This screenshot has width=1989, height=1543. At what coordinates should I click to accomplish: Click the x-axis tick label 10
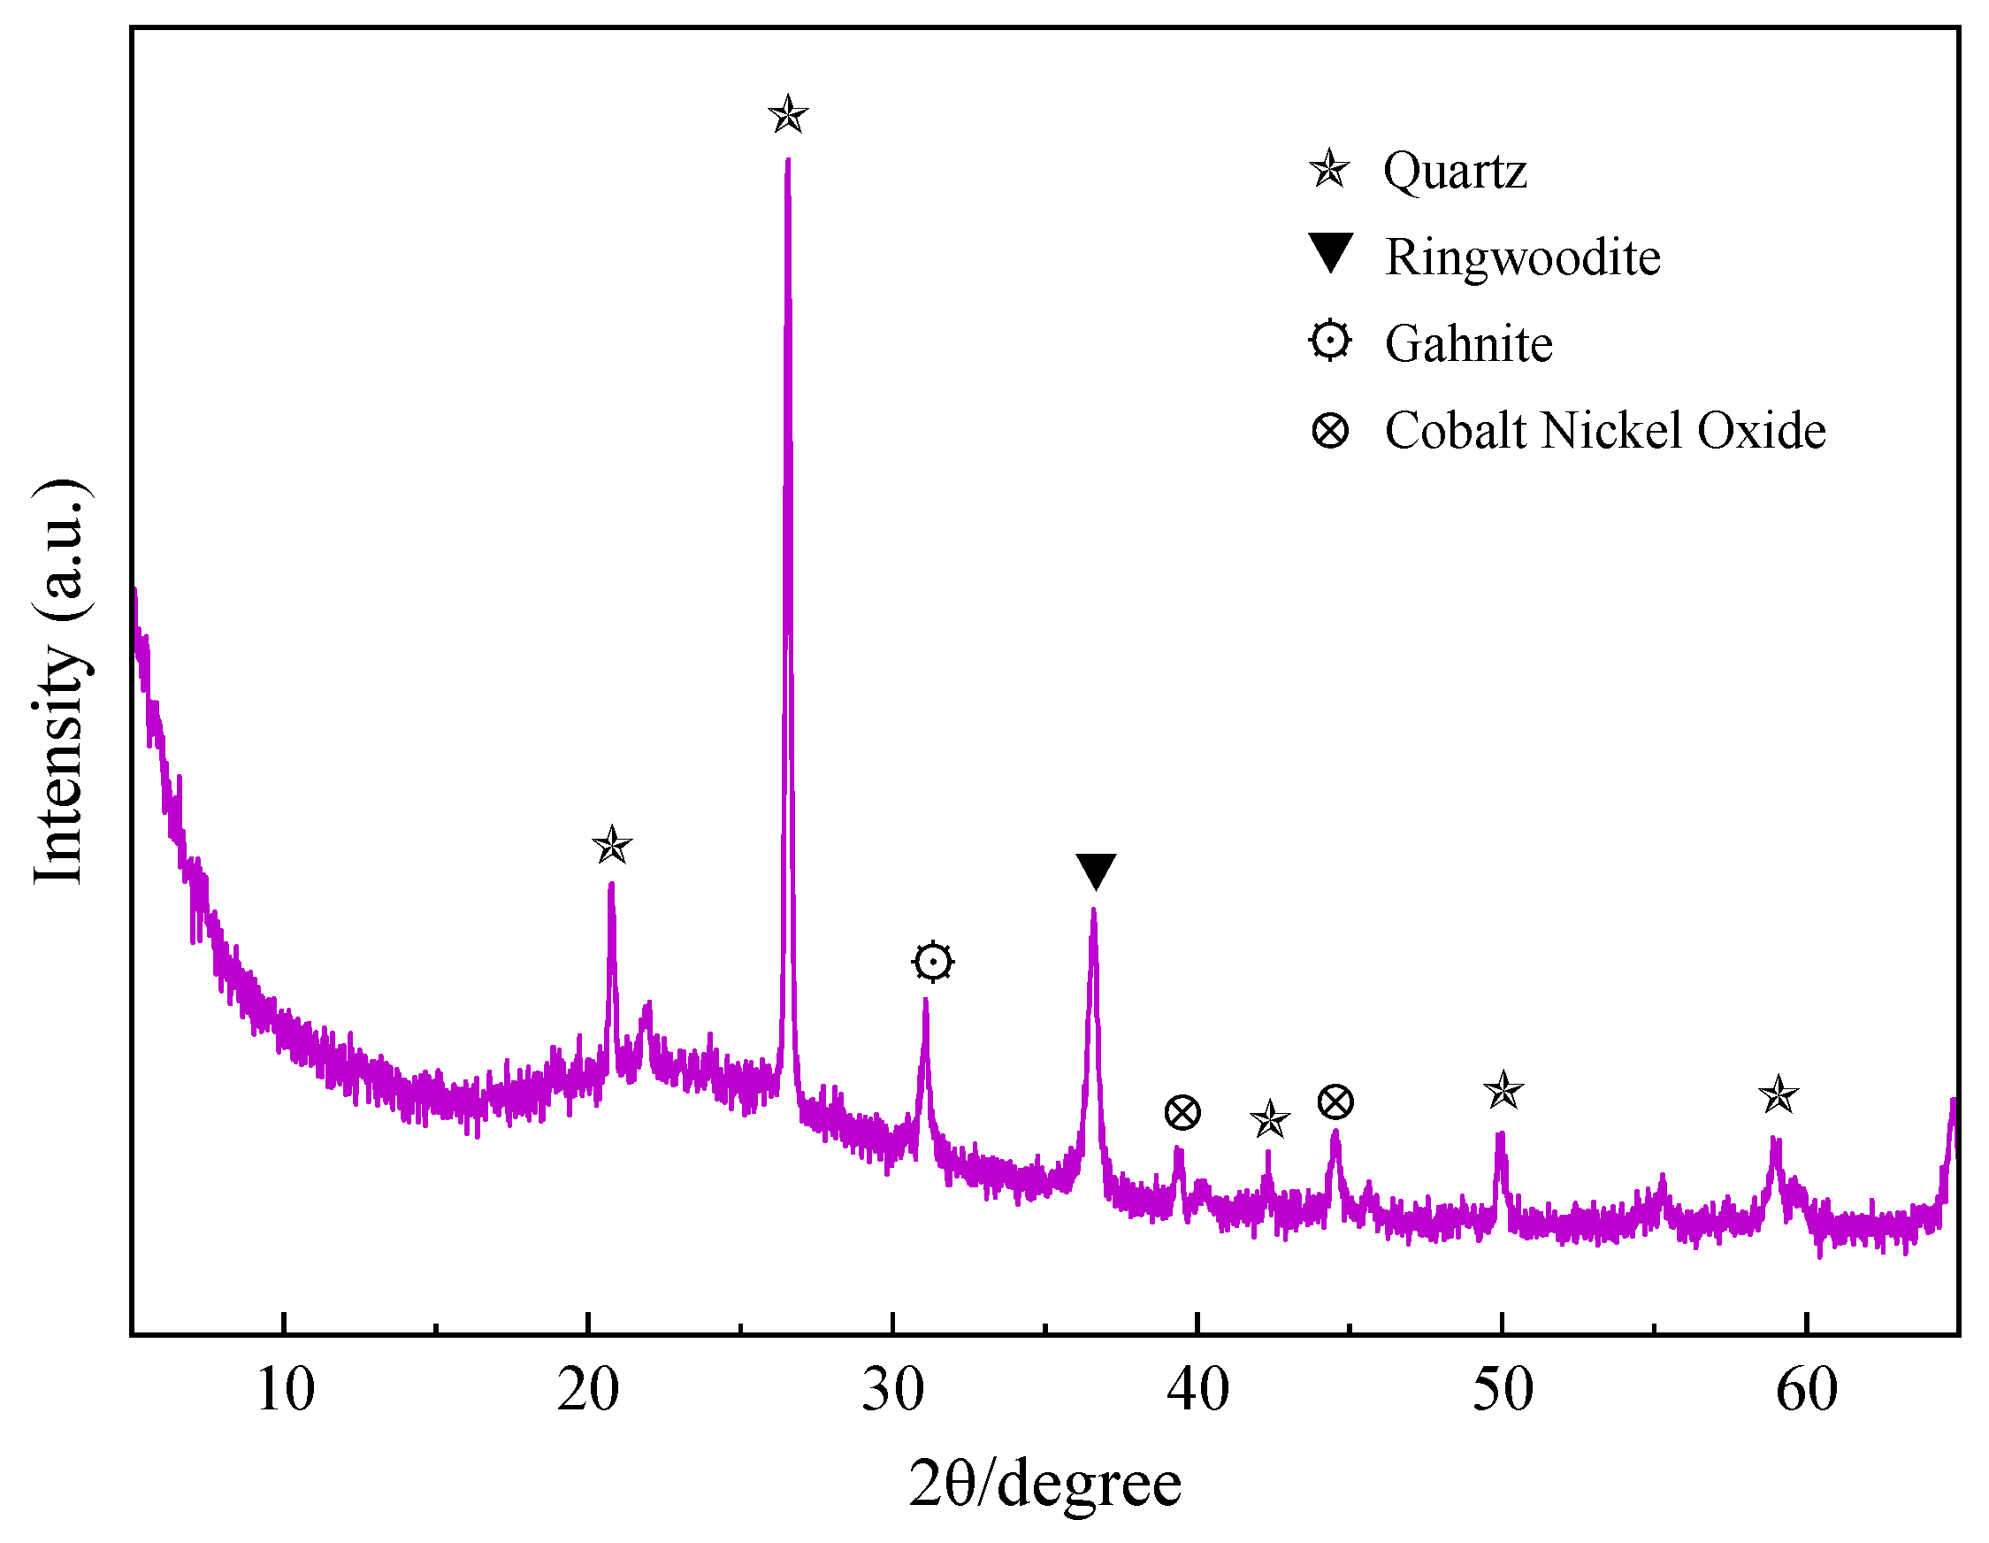tap(285, 1390)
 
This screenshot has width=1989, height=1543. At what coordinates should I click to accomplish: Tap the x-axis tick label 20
tap(588, 1390)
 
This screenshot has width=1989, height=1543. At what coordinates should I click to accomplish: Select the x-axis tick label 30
tap(892, 1390)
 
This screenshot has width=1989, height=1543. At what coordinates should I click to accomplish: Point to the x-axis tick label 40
tap(1197, 1390)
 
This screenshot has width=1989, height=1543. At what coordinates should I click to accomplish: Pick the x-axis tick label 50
tap(1503, 1390)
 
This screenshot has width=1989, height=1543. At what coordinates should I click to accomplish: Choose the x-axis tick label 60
tap(1807, 1390)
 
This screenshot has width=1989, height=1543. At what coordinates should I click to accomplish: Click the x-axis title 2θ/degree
tap(1044, 1485)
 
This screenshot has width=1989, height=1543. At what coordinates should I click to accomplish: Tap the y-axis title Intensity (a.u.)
tap(60, 681)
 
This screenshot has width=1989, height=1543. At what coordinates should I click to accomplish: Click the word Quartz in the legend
tap(1455, 172)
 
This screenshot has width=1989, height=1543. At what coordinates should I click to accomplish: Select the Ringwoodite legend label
tap(1523, 257)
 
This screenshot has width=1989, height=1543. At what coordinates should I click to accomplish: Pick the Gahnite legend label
tap(1468, 343)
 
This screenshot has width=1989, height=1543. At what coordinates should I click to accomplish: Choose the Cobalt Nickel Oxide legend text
tap(1604, 430)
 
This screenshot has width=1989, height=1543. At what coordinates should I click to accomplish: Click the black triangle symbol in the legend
tap(1330, 252)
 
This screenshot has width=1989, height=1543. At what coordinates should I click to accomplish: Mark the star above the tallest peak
tap(788, 116)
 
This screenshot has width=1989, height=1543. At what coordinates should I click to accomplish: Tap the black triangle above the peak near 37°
tap(1096, 871)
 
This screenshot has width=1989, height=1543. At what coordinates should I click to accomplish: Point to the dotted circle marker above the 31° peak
tap(932, 962)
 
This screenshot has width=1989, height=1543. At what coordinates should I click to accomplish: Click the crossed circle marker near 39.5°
tap(1182, 1112)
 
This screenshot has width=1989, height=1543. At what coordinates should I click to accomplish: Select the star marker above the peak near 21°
tap(612, 845)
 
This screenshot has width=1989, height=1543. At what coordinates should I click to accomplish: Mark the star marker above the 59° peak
tap(1778, 1094)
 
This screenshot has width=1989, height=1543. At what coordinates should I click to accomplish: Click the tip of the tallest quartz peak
tap(788, 160)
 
